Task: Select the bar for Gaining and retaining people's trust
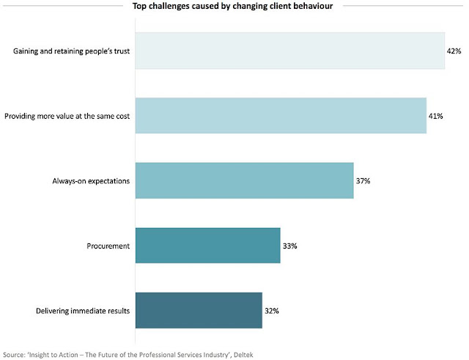pos(289,51)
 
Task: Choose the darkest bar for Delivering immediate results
pos(198,311)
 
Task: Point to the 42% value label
pos(455,51)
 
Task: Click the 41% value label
pos(436,116)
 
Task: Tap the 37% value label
pos(363,181)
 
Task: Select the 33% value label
pos(289,246)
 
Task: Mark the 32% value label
pos(272,311)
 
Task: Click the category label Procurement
pos(108,246)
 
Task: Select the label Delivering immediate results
pos(84,311)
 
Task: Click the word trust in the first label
pos(121,51)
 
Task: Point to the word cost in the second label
pos(122,116)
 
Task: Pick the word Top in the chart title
pos(139,7)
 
